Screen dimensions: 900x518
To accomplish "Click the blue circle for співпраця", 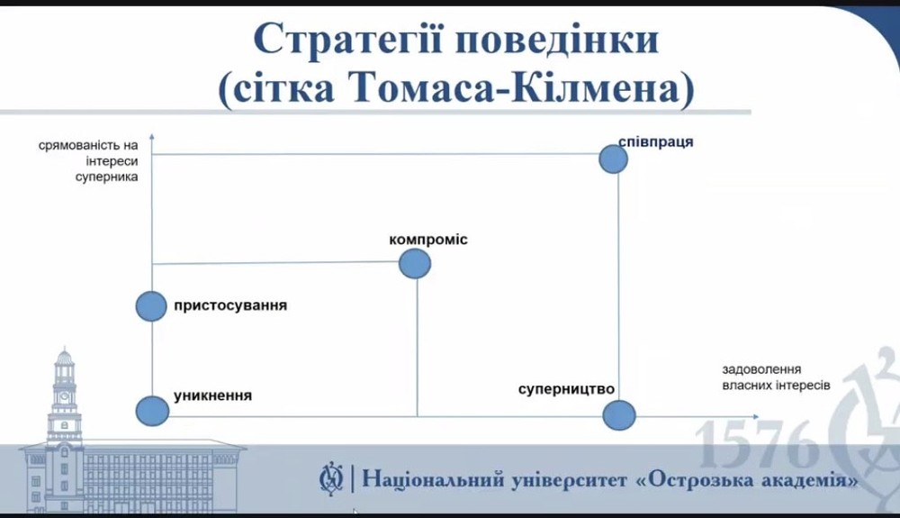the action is click(x=613, y=159).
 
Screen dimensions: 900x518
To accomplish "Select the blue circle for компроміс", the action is click(x=414, y=264).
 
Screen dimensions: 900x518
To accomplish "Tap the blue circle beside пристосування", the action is click(x=151, y=306).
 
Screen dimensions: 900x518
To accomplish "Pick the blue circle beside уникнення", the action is click(x=152, y=411).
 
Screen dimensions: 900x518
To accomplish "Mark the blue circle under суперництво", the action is click(x=619, y=415).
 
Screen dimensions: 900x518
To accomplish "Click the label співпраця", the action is click(x=655, y=141).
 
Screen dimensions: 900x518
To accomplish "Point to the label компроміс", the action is click(x=428, y=240).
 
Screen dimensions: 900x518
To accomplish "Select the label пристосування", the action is click(x=230, y=304).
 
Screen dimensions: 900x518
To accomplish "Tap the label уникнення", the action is click(x=212, y=395).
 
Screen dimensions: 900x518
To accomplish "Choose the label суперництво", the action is click(x=566, y=389).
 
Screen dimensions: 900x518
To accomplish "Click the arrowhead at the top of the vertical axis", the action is click(x=152, y=136).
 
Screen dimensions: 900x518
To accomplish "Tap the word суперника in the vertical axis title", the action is click(x=107, y=177).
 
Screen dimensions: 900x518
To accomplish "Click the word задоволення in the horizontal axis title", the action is click(x=761, y=369).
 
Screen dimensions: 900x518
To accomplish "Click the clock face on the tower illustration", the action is click(x=64, y=396).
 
